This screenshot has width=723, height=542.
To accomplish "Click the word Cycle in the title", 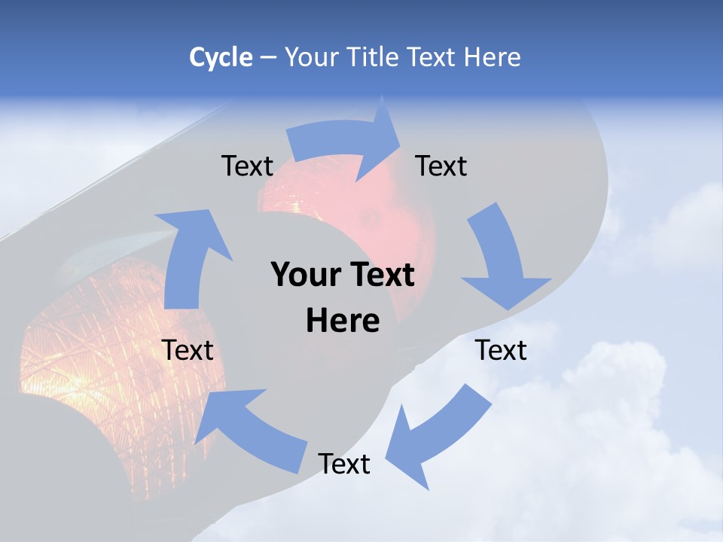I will tap(221, 57).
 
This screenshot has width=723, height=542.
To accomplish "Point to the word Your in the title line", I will tap(312, 57).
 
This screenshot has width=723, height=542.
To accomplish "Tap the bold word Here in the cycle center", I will tap(343, 321).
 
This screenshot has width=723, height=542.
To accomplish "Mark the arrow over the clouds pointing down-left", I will tap(440, 437).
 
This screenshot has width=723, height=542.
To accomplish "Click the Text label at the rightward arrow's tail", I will tap(247, 166).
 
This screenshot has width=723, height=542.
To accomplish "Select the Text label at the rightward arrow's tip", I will tap(441, 166).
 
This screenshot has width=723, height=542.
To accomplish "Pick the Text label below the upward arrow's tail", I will tap(188, 350).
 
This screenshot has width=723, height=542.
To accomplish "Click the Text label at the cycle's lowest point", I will tap(344, 464).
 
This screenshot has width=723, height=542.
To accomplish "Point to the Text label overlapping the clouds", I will tap(502, 350).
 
